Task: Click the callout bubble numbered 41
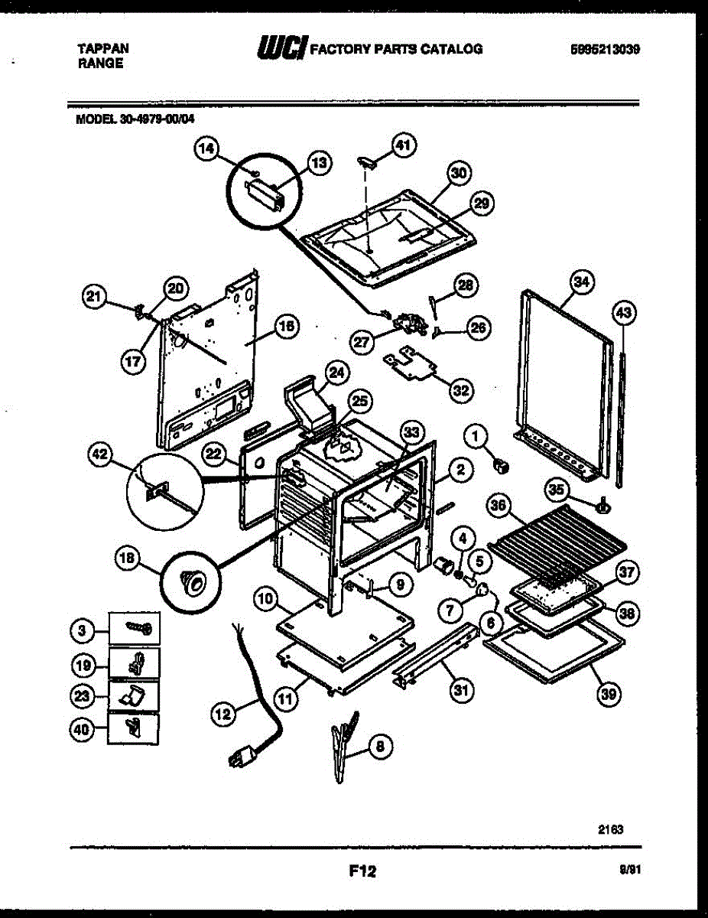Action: tap(403, 143)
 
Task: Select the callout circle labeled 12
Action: tap(222, 715)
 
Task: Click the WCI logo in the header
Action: tap(282, 49)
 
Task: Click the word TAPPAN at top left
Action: tap(103, 48)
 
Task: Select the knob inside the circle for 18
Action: tap(192, 582)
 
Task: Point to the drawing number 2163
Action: tap(609, 828)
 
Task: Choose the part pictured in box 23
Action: tap(135, 697)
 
